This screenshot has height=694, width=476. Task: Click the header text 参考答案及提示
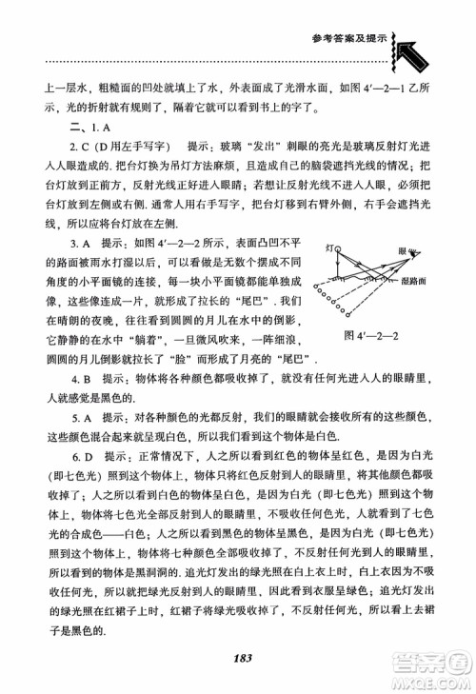point(348,39)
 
